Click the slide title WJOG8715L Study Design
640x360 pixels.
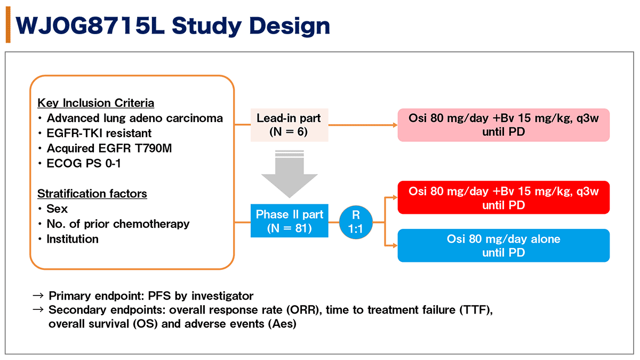(x=173, y=25)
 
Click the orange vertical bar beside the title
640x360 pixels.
(x=8, y=26)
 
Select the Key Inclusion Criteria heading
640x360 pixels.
(x=95, y=103)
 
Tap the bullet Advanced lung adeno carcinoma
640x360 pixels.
(x=134, y=118)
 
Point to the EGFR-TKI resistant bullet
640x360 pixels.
(x=99, y=133)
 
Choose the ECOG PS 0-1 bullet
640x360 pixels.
(x=83, y=163)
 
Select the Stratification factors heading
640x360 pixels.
(x=92, y=194)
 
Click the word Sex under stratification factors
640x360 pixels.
(x=57, y=209)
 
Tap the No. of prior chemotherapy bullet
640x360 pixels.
(x=117, y=224)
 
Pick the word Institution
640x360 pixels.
(x=73, y=239)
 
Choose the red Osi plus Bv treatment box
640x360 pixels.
(x=503, y=198)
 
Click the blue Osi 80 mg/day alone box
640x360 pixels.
(x=503, y=246)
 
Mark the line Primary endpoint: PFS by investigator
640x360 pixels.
(x=150, y=295)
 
